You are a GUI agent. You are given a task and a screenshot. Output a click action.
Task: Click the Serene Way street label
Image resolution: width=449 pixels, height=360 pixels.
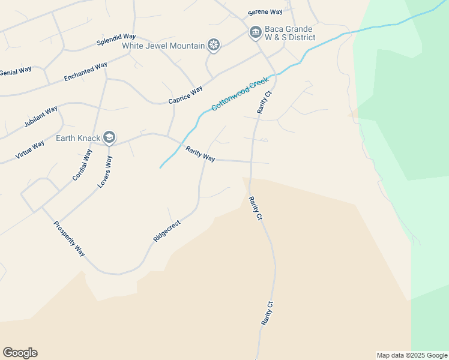[x=265, y=13]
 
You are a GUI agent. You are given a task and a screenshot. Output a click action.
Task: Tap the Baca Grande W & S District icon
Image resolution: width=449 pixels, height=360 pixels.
[x=255, y=32]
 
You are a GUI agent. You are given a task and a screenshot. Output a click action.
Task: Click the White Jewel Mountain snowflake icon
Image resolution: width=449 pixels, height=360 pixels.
[x=213, y=45]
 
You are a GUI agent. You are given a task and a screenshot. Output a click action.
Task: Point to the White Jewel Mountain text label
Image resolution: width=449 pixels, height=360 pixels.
[x=163, y=46]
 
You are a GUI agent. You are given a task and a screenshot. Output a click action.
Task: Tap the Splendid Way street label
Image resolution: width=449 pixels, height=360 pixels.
[x=116, y=40]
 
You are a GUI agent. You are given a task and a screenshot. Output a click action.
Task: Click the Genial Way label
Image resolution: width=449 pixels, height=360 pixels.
[x=16, y=71]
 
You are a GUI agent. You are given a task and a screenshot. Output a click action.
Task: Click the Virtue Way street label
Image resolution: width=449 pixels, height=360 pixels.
[x=29, y=149]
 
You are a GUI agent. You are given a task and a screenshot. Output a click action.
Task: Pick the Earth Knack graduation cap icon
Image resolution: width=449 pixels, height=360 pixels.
[x=109, y=138]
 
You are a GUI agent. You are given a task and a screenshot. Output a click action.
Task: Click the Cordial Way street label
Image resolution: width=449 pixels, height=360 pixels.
[x=82, y=165]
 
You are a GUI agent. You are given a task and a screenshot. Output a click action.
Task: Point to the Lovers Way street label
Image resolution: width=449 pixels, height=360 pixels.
[x=105, y=172]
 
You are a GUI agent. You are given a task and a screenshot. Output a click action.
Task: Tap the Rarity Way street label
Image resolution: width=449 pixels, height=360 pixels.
[x=200, y=154]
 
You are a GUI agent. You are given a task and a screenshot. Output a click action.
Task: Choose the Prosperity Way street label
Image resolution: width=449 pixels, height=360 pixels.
[x=69, y=239]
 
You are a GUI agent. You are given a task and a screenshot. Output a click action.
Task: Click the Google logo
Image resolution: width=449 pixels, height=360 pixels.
[x=20, y=353]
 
